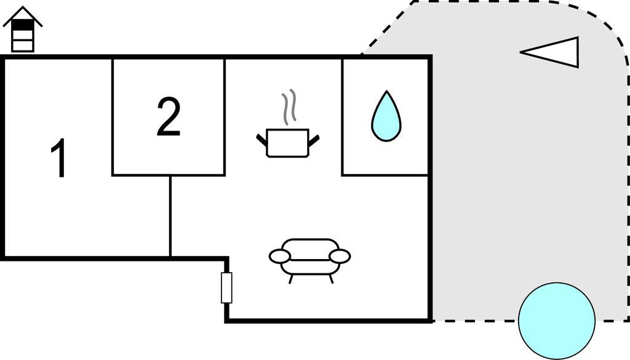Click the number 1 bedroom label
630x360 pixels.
pyautogui.click(x=58, y=159)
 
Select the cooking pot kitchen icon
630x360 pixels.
pyautogui.click(x=287, y=143)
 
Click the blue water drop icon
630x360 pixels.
pyautogui.click(x=386, y=117)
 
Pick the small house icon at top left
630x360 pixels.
pyautogui.click(x=23, y=30)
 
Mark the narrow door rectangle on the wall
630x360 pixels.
pyautogui.click(x=226, y=287)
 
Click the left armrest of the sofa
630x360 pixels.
pyautogui.click(x=280, y=255)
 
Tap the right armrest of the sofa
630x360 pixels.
pyautogui.click(x=339, y=255)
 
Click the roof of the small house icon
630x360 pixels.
pyautogui.click(x=23, y=15)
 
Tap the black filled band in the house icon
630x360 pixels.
pyautogui.click(x=23, y=26)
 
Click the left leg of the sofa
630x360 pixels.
pyautogui.click(x=290, y=279)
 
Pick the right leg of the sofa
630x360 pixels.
pyautogui.click(x=330, y=279)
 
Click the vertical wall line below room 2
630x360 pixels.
pyautogui.click(x=170, y=215)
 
